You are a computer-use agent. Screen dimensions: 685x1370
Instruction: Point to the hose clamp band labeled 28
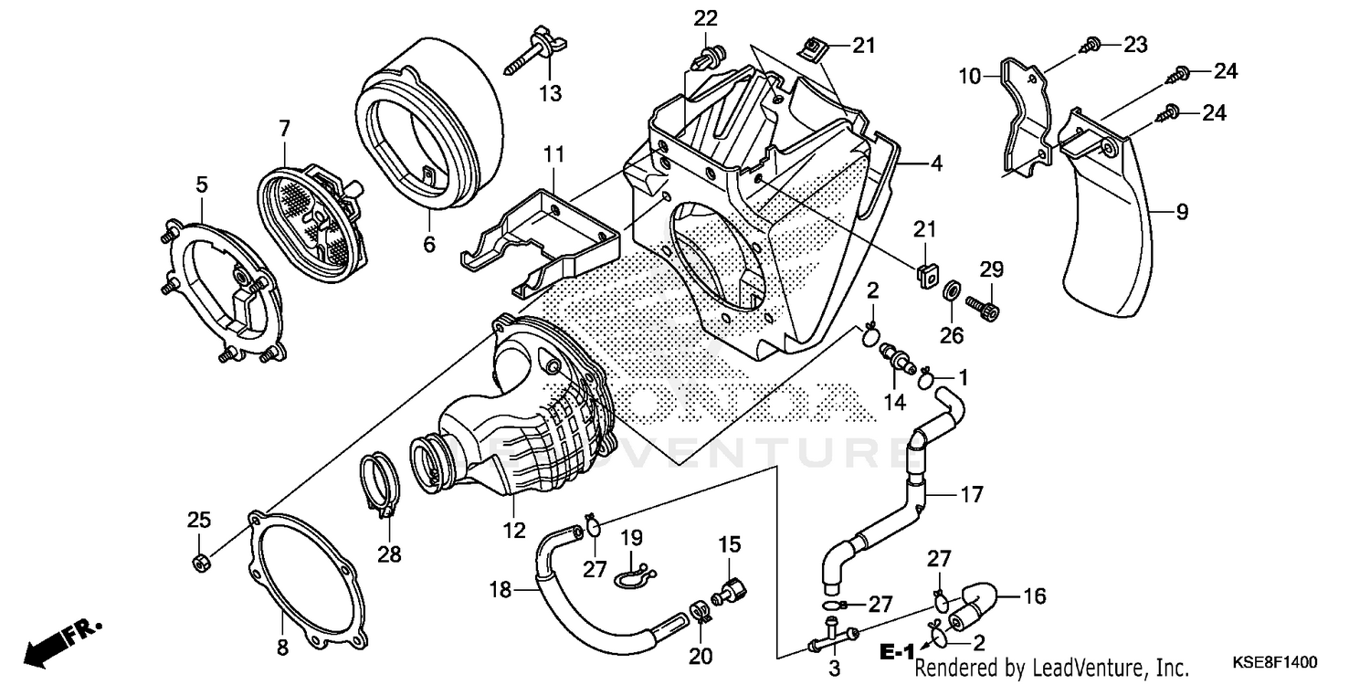point(382,485)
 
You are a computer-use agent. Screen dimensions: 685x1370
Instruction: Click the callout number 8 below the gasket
point(281,648)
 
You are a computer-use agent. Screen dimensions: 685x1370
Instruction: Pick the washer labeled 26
point(950,292)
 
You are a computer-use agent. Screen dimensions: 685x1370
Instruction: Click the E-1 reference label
point(898,651)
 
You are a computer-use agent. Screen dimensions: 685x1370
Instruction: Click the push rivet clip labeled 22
point(707,57)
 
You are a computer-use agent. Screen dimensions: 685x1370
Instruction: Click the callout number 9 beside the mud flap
point(1182,213)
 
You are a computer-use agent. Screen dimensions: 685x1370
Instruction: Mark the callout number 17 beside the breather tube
point(971,495)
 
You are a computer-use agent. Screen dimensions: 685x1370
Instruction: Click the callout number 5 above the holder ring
point(201,184)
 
